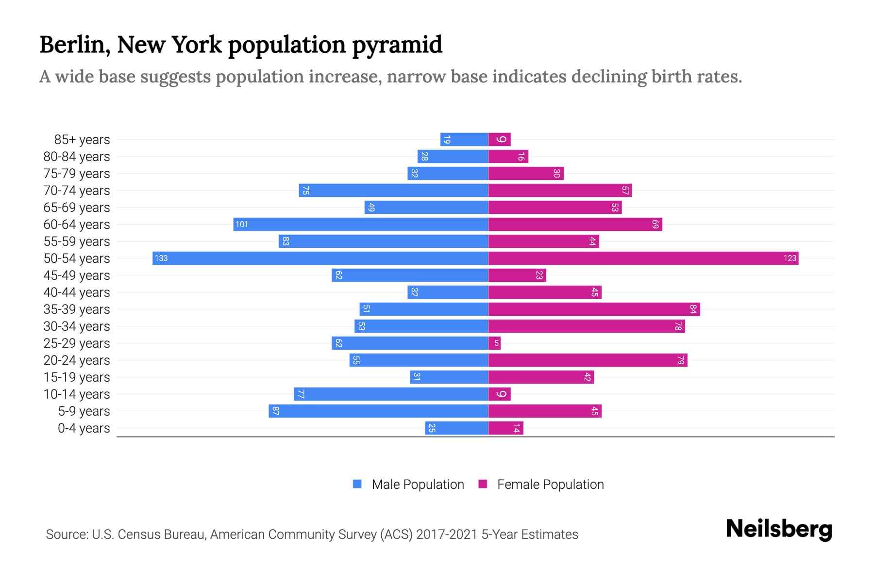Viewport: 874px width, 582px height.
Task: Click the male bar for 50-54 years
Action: (320, 258)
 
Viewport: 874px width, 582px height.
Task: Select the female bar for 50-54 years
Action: (643, 258)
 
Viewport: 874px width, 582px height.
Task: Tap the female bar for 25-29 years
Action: (494, 343)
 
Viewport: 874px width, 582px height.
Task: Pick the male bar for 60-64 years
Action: (361, 224)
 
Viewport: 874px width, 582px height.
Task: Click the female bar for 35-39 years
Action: (594, 309)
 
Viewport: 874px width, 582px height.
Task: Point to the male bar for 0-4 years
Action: (456, 428)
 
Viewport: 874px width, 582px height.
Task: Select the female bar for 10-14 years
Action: (499, 394)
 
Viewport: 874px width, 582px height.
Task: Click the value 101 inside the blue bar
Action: (241, 224)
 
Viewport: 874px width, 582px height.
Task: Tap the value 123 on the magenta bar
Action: (790, 258)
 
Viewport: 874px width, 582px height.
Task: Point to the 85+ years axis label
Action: (82, 140)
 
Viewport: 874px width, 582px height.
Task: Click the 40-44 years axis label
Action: (77, 292)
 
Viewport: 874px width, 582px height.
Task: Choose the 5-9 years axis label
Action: (84, 411)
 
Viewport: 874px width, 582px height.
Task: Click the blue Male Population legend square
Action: (357, 484)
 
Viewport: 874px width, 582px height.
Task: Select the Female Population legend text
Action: (550, 485)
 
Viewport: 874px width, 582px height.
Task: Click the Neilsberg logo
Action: (779, 529)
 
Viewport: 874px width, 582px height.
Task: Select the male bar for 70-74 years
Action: (393, 190)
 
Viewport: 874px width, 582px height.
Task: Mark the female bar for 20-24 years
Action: (588, 360)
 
